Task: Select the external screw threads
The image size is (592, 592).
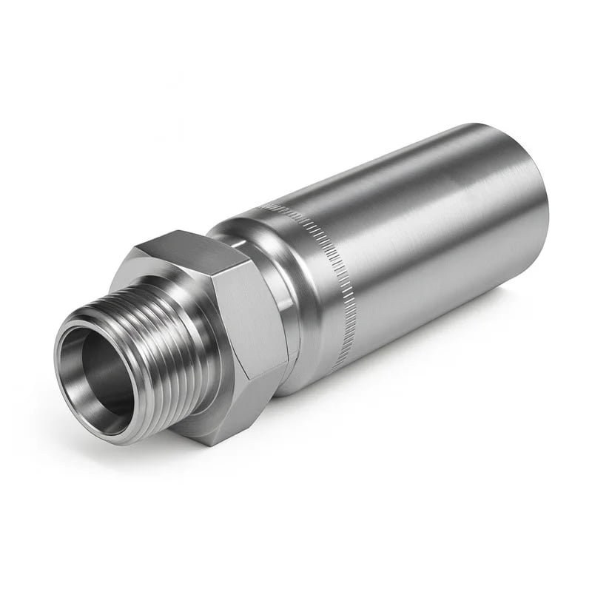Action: coord(148,348)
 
